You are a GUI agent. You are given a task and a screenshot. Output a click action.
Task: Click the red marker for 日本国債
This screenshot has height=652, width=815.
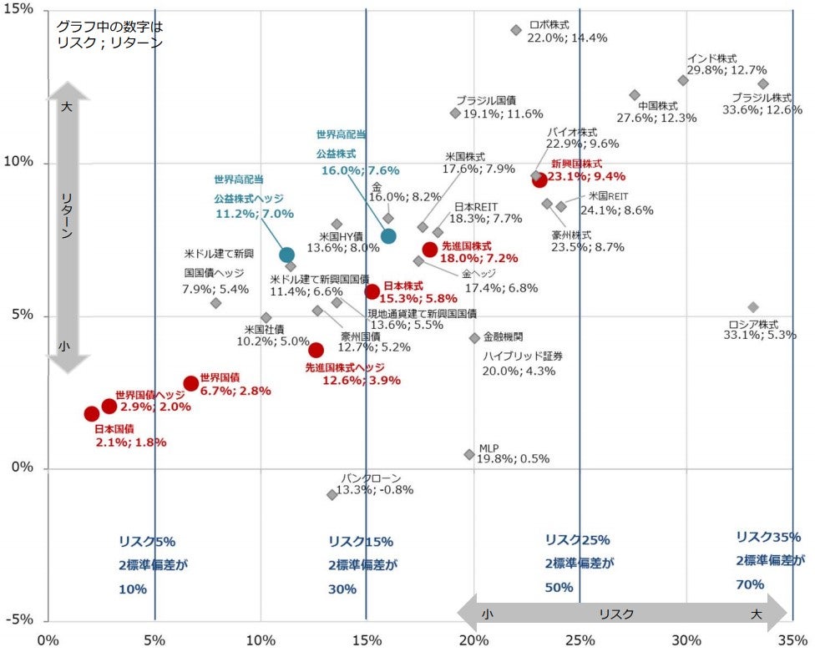(x=92, y=413)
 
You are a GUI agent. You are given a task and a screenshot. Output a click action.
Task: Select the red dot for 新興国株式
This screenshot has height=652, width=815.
(x=539, y=179)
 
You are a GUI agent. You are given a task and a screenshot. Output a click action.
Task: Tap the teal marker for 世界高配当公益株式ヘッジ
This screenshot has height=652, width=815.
(x=286, y=255)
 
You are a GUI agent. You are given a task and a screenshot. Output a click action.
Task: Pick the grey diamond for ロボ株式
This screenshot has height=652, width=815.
(x=516, y=30)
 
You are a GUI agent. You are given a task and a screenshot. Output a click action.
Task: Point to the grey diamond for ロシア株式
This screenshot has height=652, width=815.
(x=753, y=307)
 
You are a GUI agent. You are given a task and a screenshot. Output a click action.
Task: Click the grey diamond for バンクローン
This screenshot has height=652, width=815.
(x=332, y=495)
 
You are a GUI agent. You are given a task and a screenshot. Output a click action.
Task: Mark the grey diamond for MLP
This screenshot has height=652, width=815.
(x=469, y=454)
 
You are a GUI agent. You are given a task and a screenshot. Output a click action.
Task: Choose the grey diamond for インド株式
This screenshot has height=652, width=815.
(x=683, y=80)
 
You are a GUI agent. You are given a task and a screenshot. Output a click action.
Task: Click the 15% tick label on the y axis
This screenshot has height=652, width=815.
(x=21, y=9)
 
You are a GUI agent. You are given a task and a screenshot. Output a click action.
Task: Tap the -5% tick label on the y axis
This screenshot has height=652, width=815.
(x=21, y=619)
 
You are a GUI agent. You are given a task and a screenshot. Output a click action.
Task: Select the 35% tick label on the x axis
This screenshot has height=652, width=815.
(x=793, y=640)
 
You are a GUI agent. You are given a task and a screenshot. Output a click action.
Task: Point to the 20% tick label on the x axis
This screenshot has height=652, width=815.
(x=473, y=640)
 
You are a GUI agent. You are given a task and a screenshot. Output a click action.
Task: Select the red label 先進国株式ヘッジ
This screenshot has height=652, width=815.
(x=345, y=367)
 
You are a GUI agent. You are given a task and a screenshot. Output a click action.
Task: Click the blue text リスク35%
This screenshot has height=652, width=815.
(x=768, y=537)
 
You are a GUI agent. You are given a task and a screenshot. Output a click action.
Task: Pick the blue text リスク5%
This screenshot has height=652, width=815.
(x=147, y=541)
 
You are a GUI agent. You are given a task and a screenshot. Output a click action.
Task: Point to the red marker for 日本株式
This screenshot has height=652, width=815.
(x=372, y=291)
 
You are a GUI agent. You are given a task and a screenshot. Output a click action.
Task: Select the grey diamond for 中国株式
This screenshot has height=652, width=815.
(x=635, y=95)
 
